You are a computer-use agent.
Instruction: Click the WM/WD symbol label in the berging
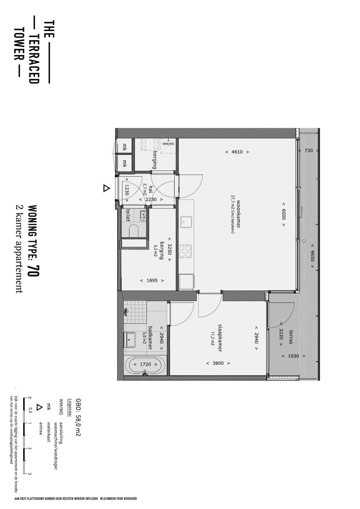(168, 144)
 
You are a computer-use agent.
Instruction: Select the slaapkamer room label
(220, 338)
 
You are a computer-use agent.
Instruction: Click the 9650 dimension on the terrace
(312, 256)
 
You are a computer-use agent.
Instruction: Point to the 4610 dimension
(237, 152)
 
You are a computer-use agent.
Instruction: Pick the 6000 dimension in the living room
(283, 214)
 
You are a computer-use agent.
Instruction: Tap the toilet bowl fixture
(134, 231)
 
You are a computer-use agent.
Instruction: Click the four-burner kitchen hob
(185, 251)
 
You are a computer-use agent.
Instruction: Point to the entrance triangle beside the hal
(107, 188)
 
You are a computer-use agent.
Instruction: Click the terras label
(291, 337)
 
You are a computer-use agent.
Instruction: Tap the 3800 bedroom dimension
(218, 363)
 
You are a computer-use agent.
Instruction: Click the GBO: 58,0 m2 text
(78, 417)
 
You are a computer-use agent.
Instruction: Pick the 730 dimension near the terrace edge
(309, 151)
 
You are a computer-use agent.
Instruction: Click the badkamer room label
(150, 338)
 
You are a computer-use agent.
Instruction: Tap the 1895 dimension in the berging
(152, 281)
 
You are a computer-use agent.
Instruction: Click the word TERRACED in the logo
(34, 59)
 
